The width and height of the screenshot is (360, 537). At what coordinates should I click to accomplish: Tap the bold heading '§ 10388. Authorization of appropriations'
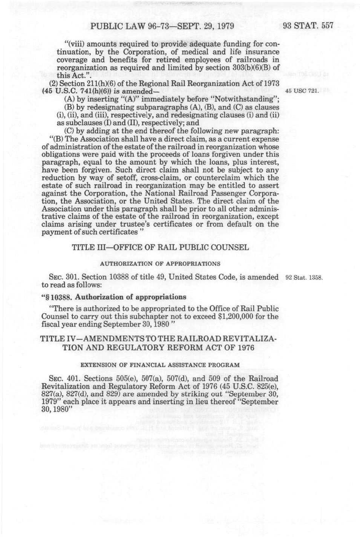pos(114,297)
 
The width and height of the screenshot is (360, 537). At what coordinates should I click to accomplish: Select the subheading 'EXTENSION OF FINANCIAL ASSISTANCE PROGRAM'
pos(160,365)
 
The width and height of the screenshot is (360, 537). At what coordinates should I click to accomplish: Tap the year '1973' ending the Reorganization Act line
pos(270,83)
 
